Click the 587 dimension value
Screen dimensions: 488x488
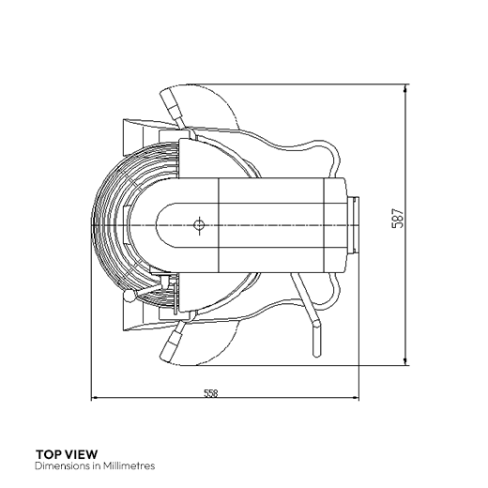398,219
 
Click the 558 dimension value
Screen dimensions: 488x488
210,393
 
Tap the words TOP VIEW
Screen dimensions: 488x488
67,454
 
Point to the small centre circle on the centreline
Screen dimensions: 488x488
199,224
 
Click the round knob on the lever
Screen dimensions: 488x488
129,296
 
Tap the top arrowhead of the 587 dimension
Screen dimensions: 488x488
405,88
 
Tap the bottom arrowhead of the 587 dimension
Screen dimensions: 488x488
405,361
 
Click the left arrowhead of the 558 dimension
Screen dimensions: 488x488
95,398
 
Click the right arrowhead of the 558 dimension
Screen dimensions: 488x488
355,398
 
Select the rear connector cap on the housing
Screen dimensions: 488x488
353,224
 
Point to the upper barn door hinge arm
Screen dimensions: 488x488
173,108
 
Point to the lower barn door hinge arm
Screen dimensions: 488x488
172,342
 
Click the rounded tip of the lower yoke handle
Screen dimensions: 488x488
316,324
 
